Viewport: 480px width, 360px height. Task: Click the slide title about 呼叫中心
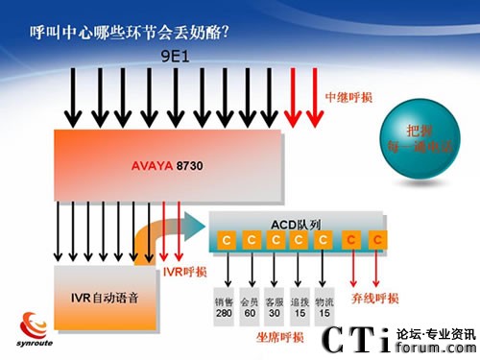(130, 31)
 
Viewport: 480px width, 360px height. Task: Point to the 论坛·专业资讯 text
(438, 333)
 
